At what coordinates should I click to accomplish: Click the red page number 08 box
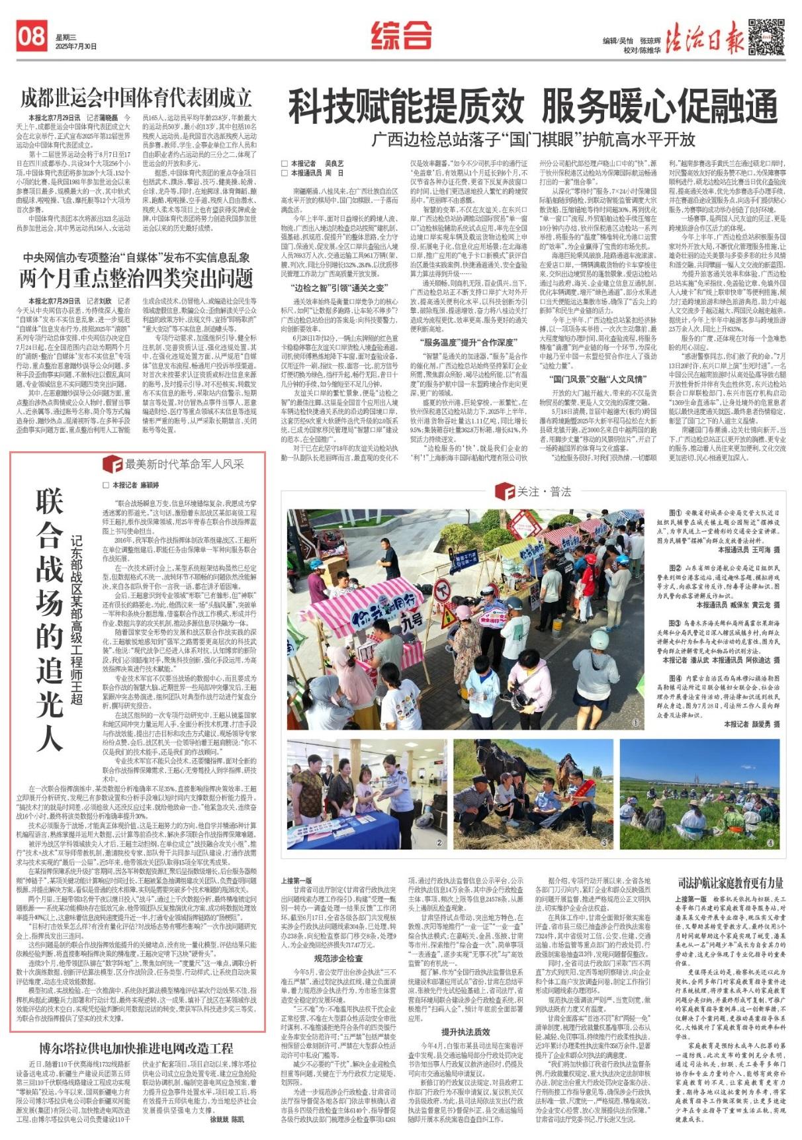click(x=31, y=36)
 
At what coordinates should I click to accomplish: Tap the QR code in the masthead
click(x=766, y=36)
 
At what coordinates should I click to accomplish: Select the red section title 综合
click(x=401, y=35)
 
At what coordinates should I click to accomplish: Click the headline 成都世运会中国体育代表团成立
click(x=136, y=98)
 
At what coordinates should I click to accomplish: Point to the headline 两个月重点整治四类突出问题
click(x=136, y=279)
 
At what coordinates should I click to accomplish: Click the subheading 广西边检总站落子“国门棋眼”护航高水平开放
click(x=533, y=140)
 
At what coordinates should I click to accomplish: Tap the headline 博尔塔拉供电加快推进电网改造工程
click(x=136, y=1047)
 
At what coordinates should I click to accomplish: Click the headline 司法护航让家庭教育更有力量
click(x=731, y=882)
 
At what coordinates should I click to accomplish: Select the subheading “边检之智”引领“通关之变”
click(x=339, y=288)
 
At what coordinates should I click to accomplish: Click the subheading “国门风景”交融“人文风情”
click(x=597, y=379)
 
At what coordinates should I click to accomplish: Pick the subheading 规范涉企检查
click(x=338, y=957)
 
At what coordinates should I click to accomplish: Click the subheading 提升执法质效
click(x=466, y=1031)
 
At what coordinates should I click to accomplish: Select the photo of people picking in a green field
click(x=699, y=794)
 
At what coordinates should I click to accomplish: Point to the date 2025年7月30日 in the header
click(x=76, y=46)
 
